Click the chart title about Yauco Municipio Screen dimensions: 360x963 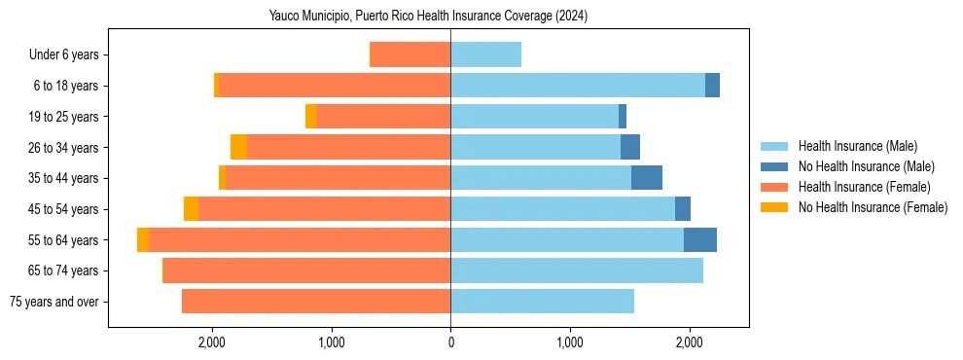coord(428,17)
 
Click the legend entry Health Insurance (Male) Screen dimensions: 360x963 coord(857,146)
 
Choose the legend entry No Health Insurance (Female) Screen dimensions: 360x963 coord(873,207)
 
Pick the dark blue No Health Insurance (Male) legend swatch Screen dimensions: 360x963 coord(775,166)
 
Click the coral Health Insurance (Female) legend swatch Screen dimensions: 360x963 coord(775,187)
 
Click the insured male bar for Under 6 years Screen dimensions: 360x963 coord(485,54)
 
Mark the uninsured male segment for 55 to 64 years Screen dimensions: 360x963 coord(700,240)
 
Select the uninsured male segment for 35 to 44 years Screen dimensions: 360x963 coord(647,178)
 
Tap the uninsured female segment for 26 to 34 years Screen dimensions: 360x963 coord(238,147)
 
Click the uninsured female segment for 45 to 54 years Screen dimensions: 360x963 coord(191,209)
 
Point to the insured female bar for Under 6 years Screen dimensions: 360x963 coord(410,54)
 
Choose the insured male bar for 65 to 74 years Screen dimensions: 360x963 coord(576,270)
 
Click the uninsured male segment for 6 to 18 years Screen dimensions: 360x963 coord(713,86)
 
